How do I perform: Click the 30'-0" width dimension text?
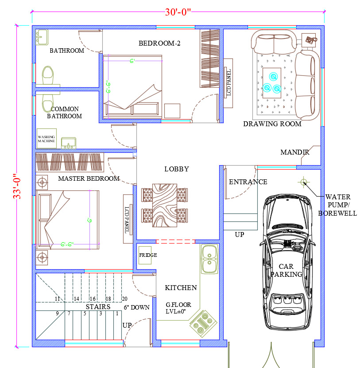pyautogui.click(x=178, y=12)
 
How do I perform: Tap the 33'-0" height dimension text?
pyautogui.click(x=17, y=186)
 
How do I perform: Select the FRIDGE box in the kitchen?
pyautogui.click(x=145, y=255)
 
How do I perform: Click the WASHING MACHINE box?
pyautogui.click(x=46, y=139)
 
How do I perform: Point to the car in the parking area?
pyautogui.click(x=287, y=262)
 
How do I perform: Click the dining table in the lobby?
pyautogui.click(x=165, y=205)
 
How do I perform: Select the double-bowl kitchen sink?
pyautogui.click(x=209, y=259)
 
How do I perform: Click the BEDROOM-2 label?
pyautogui.click(x=159, y=43)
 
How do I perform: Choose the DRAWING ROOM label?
pyautogui.click(x=272, y=124)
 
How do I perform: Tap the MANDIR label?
pyautogui.click(x=295, y=152)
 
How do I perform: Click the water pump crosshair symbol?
pyautogui.click(x=303, y=182)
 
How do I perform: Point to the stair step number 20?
pyautogui.click(x=124, y=299)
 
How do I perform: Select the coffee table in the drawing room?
pyautogui.click(x=272, y=83)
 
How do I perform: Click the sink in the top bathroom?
pyautogui.click(x=42, y=37)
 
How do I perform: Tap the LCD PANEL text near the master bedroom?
pyautogui.click(x=127, y=220)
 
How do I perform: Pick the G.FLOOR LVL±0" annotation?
pyautogui.click(x=178, y=308)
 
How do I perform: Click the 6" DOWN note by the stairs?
pyautogui.click(x=136, y=307)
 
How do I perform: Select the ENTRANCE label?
pyautogui.click(x=248, y=182)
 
